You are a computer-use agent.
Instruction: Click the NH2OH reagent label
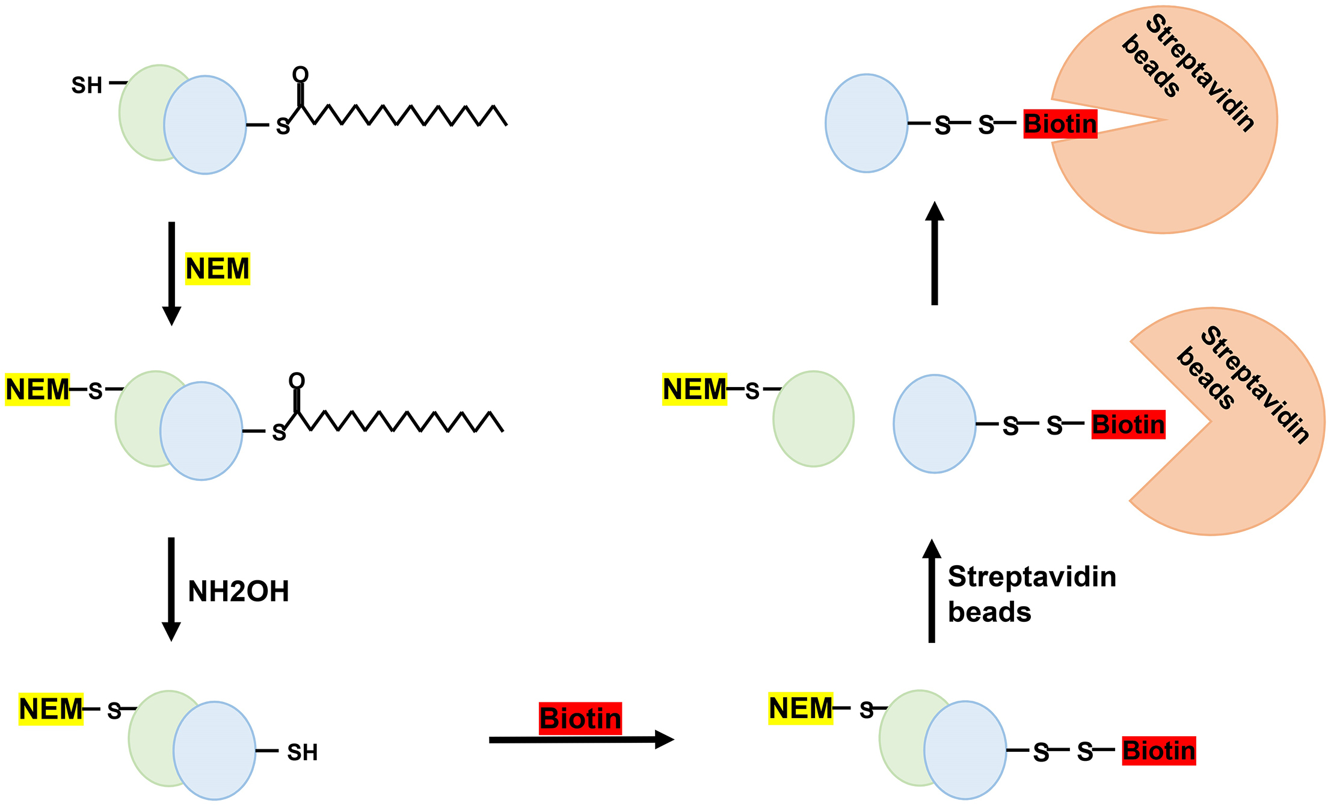click(x=238, y=591)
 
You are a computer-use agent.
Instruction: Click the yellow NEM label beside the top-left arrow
click(x=217, y=268)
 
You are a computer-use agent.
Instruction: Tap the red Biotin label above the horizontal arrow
click(x=580, y=718)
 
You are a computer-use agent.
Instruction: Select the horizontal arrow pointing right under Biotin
click(x=580, y=740)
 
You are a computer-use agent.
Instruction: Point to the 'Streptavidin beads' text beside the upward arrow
click(x=1031, y=594)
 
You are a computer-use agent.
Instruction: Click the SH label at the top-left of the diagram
click(x=87, y=85)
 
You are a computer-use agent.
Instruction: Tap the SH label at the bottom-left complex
click(x=302, y=752)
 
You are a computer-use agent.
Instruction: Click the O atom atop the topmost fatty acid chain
click(x=300, y=75)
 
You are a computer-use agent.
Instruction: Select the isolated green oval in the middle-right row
click(x=813, y=419)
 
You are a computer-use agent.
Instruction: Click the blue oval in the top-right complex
click(x=866, y=123)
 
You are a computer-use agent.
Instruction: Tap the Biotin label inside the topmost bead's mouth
click(x=1060, y=124)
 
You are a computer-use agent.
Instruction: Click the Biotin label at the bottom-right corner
click(x=1158, y=751)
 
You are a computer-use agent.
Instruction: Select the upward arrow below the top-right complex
click(x=935, y=253)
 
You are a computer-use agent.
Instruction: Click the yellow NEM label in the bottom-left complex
click(x=51, y=708)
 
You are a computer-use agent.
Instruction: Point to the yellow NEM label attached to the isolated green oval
click(x=694, y=389)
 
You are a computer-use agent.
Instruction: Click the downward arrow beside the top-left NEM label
click(x=171, y=273)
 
